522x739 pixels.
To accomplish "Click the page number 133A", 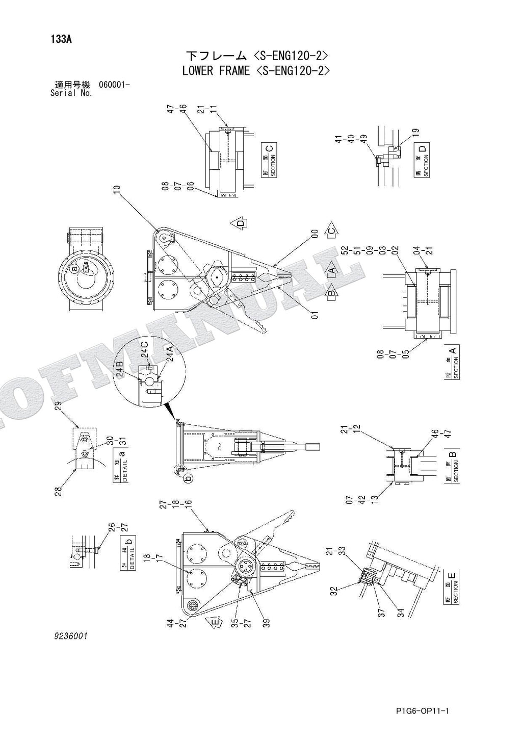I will (x=61, y=39).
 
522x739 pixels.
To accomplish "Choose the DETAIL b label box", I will (x=128, y=553).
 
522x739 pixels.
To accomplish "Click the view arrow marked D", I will (x=240, y=222).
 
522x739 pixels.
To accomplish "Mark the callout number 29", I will (x=58, y=406).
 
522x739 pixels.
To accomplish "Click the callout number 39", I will (x=266, y=624).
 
